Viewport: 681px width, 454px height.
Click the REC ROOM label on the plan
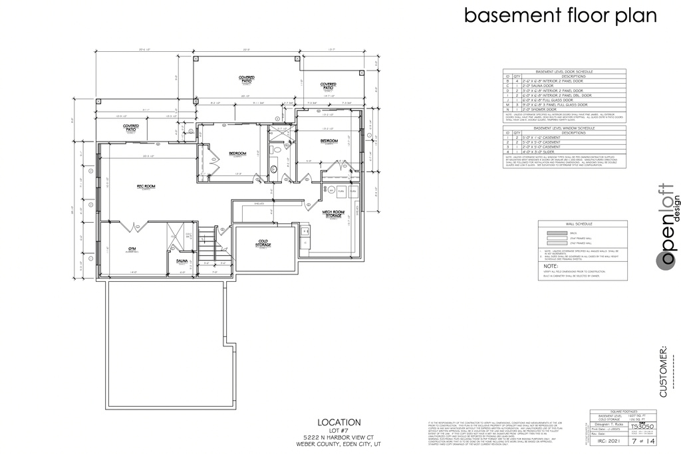[146, 187]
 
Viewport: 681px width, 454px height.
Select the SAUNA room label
[181, 261]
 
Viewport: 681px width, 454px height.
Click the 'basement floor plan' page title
[560, 15]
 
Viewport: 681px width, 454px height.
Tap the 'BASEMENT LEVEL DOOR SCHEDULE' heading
[564, 70]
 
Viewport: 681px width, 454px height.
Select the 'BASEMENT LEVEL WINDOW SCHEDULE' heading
[564, 128]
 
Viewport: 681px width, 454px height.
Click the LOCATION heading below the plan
[339, 422]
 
